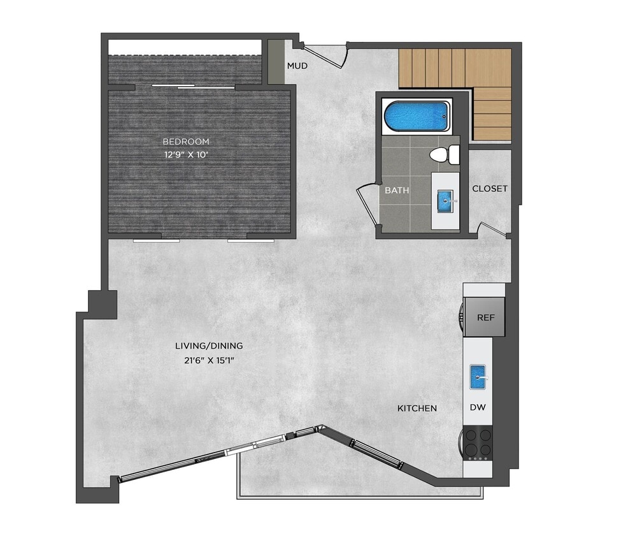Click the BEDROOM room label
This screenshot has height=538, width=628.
coord(185,142)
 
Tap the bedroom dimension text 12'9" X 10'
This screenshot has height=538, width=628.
coord(185,154)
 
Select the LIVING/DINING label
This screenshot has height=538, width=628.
coord(209,346)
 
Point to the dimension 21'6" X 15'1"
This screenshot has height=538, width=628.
coord(209,360)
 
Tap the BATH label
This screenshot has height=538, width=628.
coord(396,190)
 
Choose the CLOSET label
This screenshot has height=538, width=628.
coord(490,189)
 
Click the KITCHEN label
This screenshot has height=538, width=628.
coord(417,408)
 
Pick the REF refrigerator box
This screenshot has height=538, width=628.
coord(485,317)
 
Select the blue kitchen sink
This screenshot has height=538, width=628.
coord(479,377)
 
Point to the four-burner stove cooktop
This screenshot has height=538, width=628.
coord(478,443)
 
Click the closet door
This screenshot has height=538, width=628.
coord(492,229)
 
